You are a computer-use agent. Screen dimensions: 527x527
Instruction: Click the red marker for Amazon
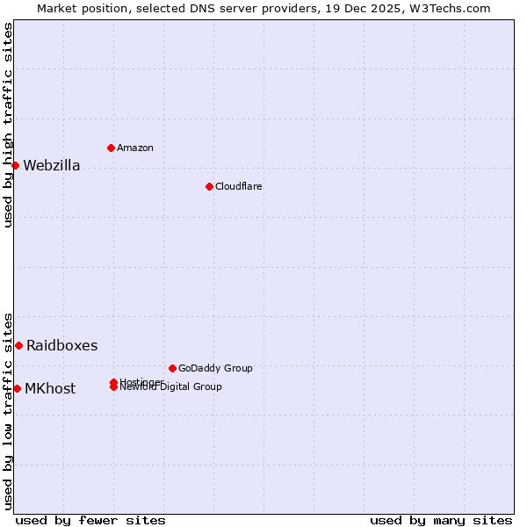click(x=111, y=148)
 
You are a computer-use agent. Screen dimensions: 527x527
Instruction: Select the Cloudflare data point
click(x=209, y=186)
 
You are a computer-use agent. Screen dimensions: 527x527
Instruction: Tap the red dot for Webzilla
click(x=15, y=165)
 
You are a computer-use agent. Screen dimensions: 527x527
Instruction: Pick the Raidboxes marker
click(x=18, y=345)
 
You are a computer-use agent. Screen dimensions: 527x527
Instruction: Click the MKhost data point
click(x=17, y=388)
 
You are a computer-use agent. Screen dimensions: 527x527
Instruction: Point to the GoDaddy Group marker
click(x=172, y=368)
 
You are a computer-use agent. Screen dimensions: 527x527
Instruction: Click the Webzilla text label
click(x=52, y=166)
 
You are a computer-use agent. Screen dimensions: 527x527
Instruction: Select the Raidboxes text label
click(x=62, y=346)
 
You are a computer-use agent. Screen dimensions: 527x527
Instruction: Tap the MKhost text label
click(x=50, y=389)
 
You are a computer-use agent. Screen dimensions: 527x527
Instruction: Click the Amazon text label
click(x=135, y=148)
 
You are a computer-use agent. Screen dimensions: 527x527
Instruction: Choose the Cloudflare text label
click(x=239, y=186)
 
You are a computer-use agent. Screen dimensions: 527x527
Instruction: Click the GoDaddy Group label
click(x=215, y=368)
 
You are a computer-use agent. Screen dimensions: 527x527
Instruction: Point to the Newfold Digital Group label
click(x=171, y=387)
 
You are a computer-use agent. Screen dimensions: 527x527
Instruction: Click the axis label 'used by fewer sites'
click(x=90, y=520)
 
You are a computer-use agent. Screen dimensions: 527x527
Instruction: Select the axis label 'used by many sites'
click(x=441, y=520)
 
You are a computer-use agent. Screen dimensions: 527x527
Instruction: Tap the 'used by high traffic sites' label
click(x=8, y=125)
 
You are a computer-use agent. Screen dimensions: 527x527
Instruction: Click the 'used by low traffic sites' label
click(x=8, y=411)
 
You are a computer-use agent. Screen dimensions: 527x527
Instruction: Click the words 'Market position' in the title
click(x=77, y=8)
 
